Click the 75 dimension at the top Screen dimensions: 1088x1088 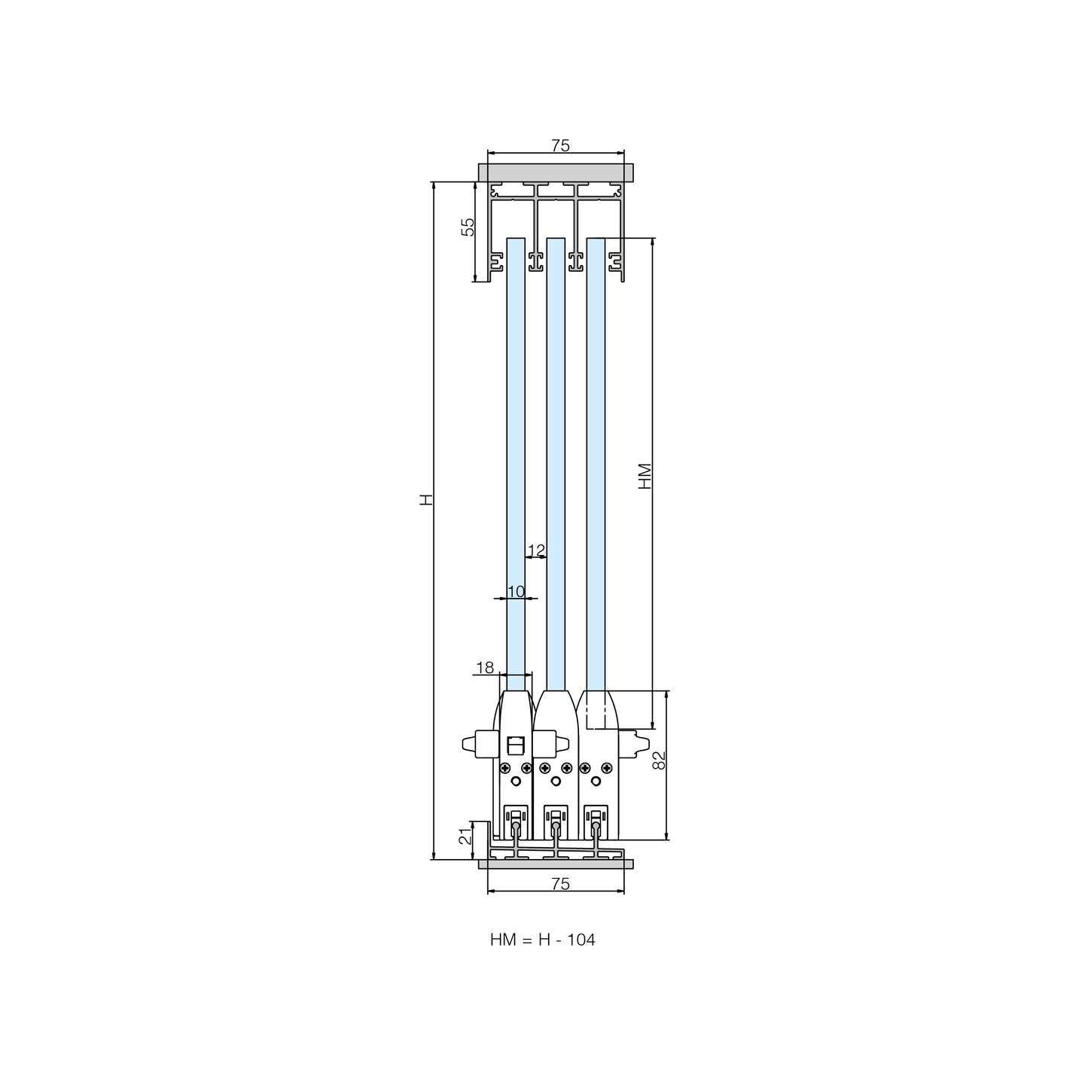(x=560, y=145)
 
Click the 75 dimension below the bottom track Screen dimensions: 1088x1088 (x=560, y=884)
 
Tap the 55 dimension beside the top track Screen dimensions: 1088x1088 (x=468, y=227)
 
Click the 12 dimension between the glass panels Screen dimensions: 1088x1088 (x=536, y=550)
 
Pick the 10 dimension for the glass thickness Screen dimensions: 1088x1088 (x=516, y=591)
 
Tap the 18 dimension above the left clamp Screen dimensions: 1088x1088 (x=484, y=667)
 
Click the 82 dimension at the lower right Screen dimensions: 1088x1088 (x=659, y=760)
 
